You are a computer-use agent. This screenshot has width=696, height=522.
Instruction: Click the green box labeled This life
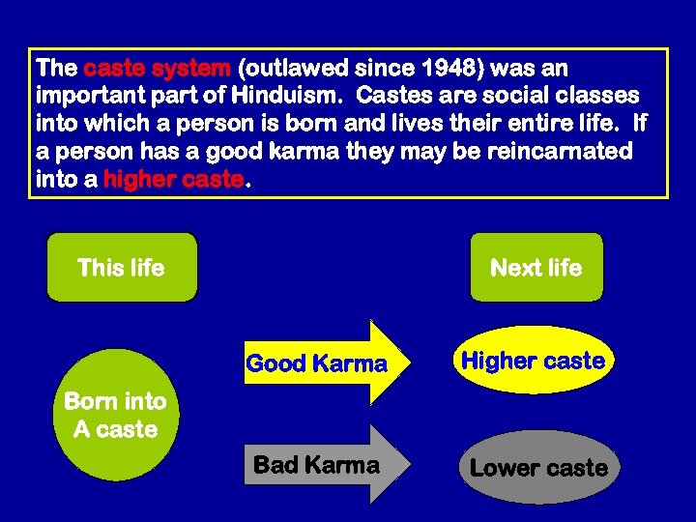[x=122, y=268]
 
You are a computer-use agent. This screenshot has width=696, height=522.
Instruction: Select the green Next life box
[x=536, y=268]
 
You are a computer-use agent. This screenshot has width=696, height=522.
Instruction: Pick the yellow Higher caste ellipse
[x=533, y=361]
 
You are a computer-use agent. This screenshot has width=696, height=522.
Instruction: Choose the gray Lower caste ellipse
[x=538, y=468]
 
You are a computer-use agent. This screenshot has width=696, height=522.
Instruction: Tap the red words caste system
[x=158, y=70]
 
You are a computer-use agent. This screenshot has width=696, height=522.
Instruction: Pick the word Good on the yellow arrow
[x=274, y=364]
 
